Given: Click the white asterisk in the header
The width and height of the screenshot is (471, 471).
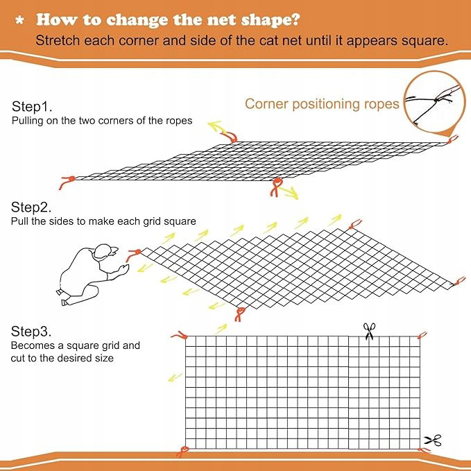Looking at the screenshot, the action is (20, 20).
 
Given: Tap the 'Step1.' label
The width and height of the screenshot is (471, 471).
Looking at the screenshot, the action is (32, 107).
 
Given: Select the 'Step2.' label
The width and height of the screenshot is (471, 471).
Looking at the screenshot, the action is (31, 207).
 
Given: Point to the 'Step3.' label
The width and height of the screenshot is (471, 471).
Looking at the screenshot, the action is (31, 332).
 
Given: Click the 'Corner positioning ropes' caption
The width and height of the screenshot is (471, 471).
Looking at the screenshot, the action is (322, 104).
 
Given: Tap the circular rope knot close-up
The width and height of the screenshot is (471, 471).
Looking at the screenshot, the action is (434, 101).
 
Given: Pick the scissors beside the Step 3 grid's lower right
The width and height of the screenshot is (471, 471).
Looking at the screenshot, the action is (433, 440).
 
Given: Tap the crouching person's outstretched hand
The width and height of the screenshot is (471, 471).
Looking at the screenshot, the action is (123, 268).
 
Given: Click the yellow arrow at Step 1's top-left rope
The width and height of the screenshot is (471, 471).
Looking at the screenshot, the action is (217, 128).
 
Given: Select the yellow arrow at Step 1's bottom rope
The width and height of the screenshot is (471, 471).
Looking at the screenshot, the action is (289, 193).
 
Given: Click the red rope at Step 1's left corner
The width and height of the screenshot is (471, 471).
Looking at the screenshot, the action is (67, 182).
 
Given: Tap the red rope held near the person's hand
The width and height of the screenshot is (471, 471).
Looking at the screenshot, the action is (133, 255).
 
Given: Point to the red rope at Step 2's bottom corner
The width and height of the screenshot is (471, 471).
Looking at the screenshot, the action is (239, 314).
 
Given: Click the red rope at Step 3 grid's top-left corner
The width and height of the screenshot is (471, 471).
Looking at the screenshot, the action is (180, 336).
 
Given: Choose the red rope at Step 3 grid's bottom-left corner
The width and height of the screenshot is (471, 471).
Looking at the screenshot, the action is (182, 452).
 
